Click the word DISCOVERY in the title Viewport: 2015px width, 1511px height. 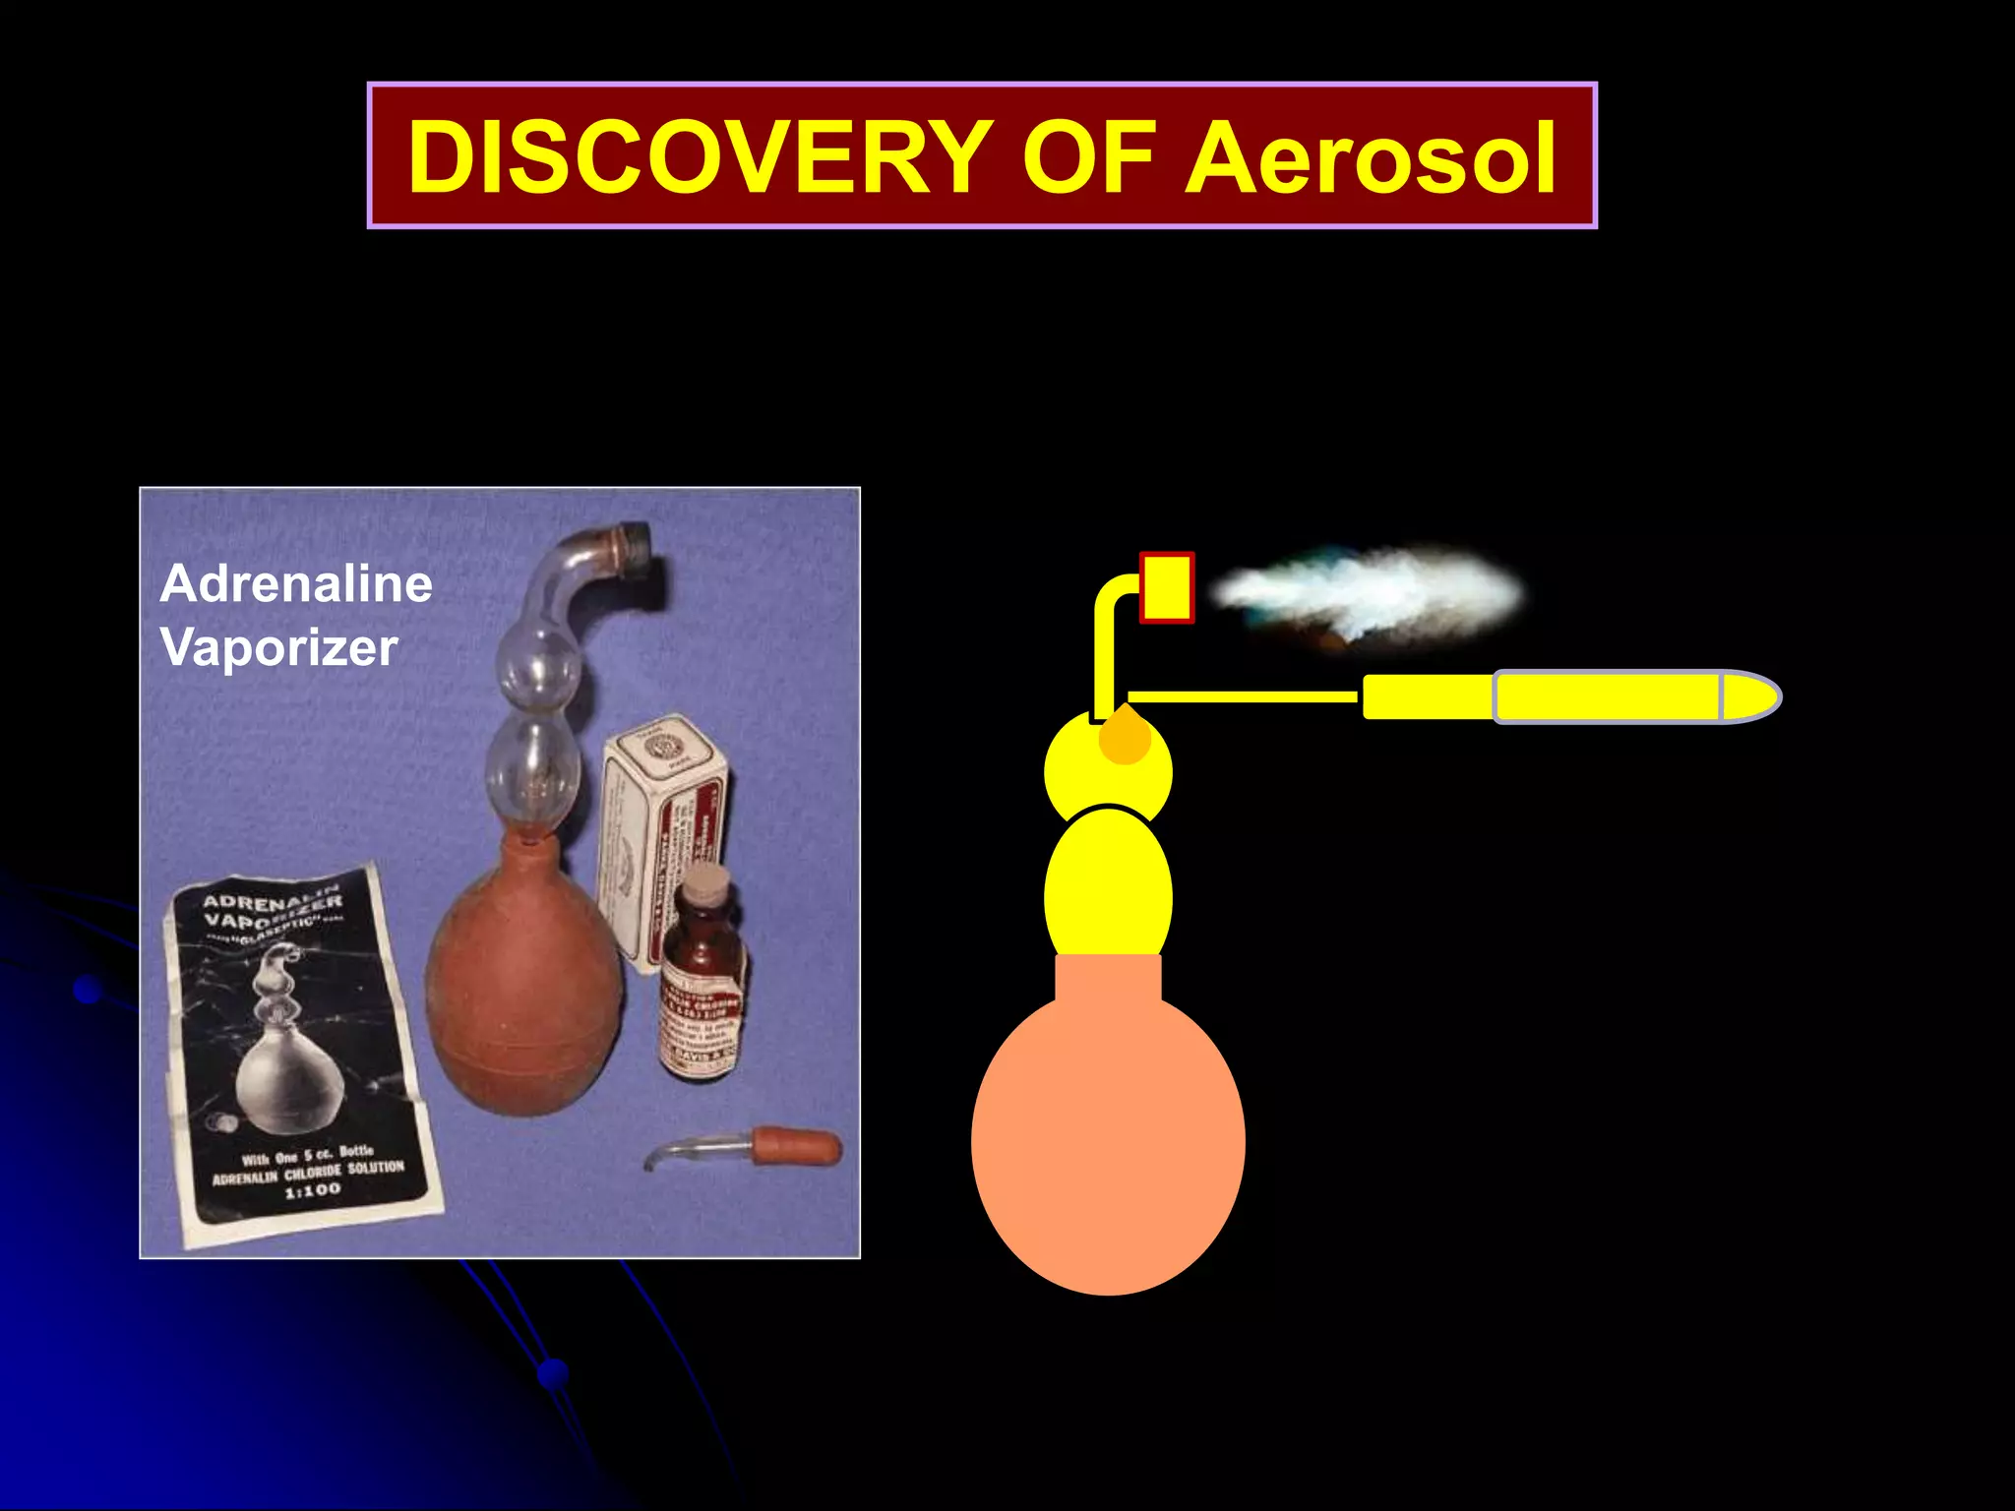click(x=699, y=157)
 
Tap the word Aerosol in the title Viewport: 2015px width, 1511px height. click(x=1370, y=157)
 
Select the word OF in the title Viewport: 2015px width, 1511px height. click(x=1090, y=157)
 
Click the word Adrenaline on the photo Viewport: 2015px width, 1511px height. click(x=296, y=583)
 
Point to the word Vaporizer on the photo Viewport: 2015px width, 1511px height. click(x=279, y=647)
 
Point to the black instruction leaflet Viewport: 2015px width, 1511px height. click(x=300, y=1053)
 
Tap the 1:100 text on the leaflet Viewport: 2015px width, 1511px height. click(x=313, y=1191)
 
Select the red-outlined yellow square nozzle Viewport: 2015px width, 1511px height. click(x=1167, y=587)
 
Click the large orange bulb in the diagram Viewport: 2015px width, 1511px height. click(x=1108, y=1141)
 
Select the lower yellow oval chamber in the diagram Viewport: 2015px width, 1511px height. click(x=1108, y=890)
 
